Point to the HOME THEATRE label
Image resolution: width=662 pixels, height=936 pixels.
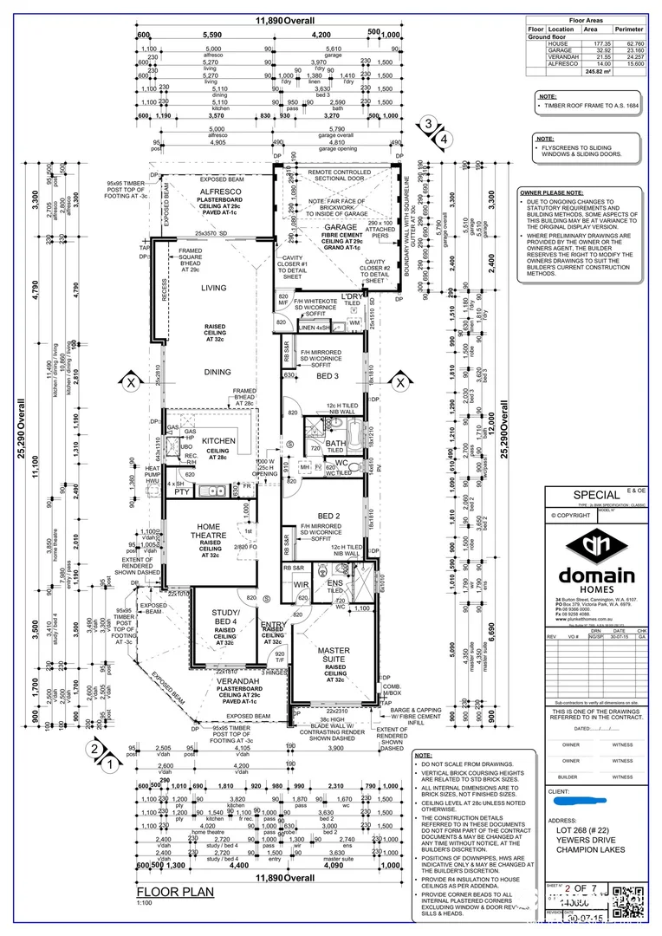coord(209,531)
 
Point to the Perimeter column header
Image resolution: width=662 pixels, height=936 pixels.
coord(629,29)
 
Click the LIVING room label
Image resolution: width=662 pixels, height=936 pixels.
coord(213,288)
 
